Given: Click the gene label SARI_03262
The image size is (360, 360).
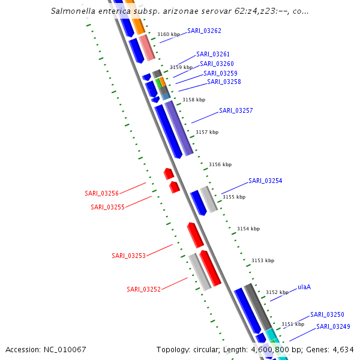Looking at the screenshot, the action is coord(204,31).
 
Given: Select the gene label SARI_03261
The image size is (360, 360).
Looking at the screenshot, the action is coord(213,55).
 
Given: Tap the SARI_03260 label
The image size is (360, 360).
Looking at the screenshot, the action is coord(217,64).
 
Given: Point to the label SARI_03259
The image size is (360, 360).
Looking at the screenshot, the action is coord(220,73).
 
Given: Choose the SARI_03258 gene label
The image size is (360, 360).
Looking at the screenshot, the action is coord(224,82).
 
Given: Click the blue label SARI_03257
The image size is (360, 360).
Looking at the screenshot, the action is coord(236,111).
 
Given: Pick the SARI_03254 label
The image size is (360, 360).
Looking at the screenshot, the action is coord(265,181).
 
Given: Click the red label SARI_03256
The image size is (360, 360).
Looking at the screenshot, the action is coord(101,193).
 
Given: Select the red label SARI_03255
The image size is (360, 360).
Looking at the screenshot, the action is coord(107,207).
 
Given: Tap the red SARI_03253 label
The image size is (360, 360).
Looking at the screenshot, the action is coord(128,256).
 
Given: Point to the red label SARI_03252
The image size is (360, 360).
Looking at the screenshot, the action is coord(143,289).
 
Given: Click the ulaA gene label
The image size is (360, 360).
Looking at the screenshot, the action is coord(304,287).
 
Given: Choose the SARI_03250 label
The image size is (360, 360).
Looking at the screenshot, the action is coord(327,314).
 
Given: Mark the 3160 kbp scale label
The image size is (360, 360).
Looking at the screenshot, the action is coord(168,35).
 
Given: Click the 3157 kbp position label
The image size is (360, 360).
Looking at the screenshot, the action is coord(207,132).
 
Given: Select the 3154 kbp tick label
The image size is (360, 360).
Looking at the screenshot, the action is coord(248,229).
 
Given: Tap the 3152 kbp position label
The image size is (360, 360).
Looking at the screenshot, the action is coord(277,292).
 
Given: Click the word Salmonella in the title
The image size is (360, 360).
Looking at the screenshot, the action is coord(71,11).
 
